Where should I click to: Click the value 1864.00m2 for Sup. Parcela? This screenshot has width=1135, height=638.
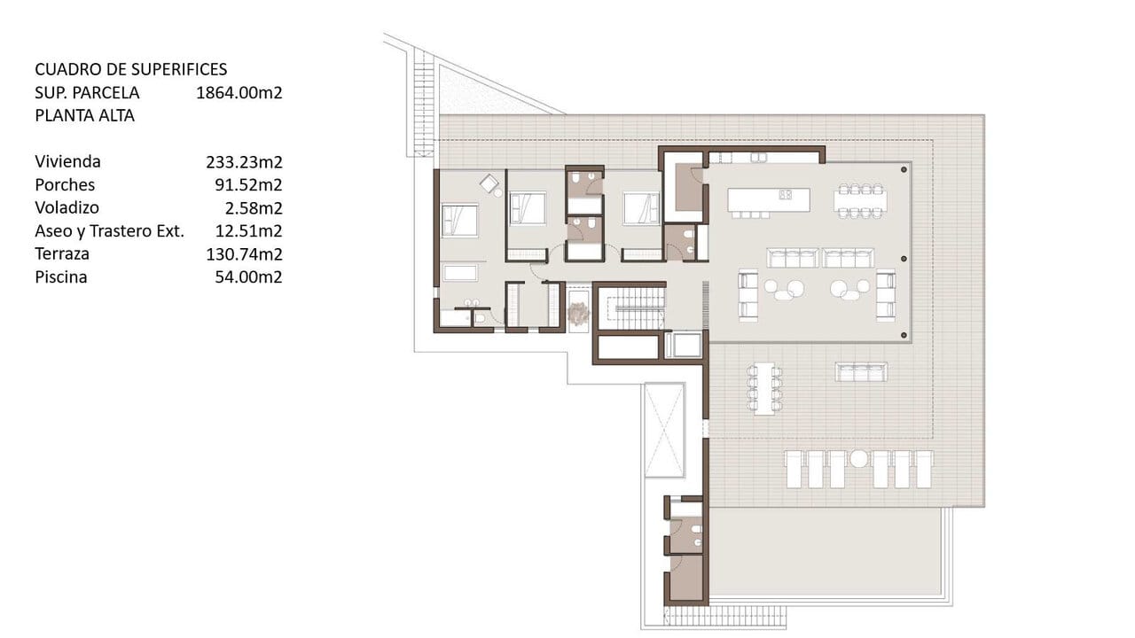point(239,93)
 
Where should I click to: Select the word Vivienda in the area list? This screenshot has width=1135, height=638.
point(68,161)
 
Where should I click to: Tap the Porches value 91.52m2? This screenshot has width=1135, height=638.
point(248,185)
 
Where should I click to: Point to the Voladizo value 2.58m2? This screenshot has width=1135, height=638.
point(254,207)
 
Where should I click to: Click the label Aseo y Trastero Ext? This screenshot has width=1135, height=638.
point(109,231)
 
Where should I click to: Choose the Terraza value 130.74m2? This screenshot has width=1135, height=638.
point(244,253)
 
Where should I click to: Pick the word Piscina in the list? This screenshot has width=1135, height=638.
point(61,277)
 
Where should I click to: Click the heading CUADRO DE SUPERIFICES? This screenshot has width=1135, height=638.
point(130,69)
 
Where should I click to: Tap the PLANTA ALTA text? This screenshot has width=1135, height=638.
point(84,115)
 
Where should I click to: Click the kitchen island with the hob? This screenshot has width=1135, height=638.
point(769,199)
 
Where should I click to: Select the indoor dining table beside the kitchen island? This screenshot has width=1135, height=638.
point(860,202)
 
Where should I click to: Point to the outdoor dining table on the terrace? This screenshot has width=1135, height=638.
point(764,388)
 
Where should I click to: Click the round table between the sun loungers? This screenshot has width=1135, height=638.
point(858,459)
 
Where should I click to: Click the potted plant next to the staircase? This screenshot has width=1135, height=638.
point(578,313)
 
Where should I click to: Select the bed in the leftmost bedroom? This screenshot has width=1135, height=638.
point(460,221)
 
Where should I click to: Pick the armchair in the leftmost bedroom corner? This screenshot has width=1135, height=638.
point(489,183)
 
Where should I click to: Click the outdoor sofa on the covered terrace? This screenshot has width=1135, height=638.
point(861,372)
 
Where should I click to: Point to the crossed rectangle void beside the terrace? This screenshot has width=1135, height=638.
point(664,430)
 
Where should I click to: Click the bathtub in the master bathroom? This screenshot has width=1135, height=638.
point(460,273)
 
